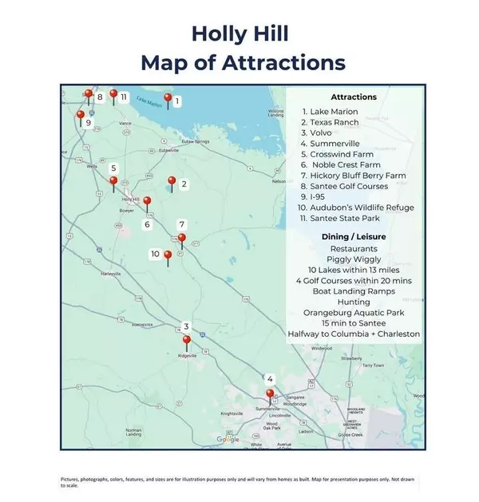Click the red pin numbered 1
coord(168,98)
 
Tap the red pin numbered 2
coord(170,181)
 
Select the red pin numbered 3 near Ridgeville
coord(187,340)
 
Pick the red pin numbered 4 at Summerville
coord(270,393)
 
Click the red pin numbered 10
coord(168,255)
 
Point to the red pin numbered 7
coord(182,238)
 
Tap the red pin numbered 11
coord(113,94)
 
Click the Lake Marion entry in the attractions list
coord(330,112)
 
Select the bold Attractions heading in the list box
coord(352,97)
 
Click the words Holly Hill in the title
coord(239,34)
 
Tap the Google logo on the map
coord(228,439)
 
